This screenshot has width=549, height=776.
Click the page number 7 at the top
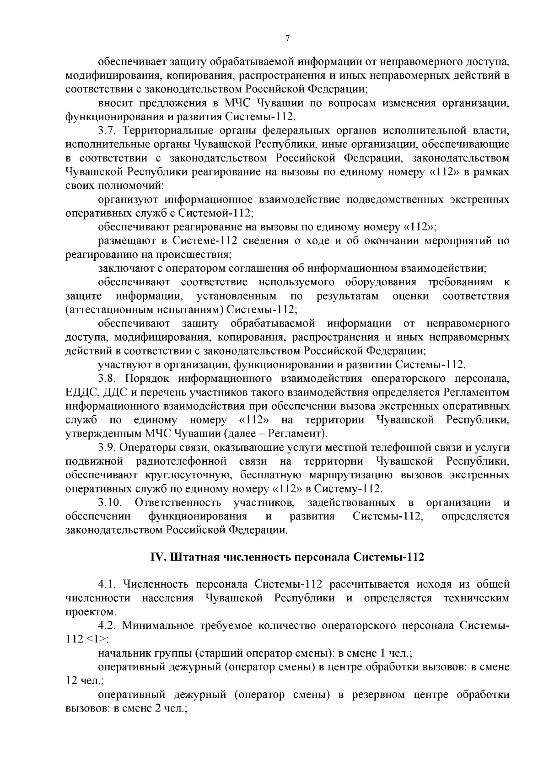click(x=287, y=39)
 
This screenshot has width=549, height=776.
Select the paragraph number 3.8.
click(x=108, y=379)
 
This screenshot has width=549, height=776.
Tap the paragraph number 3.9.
click(x=108, y=447)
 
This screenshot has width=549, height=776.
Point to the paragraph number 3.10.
click(x=110, y=503)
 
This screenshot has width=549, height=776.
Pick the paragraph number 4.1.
click(x=108, y=584)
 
